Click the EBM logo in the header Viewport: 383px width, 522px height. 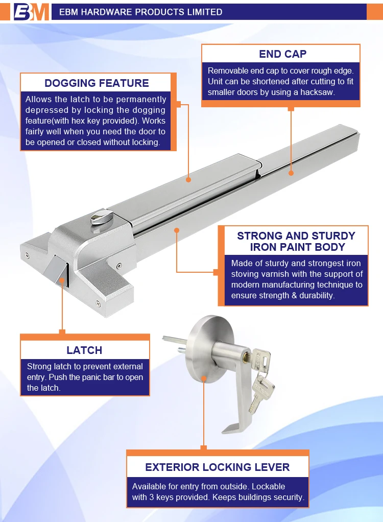pos(31,11)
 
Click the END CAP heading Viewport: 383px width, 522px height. pos(282,54)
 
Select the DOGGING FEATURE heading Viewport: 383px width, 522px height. pos(97,83)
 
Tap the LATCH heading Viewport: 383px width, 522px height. pos(84,350)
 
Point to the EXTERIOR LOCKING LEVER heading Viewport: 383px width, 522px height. pos(217,467)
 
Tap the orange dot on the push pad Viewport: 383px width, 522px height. pos(189,180)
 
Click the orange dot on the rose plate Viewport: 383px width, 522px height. pos(204,378)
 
